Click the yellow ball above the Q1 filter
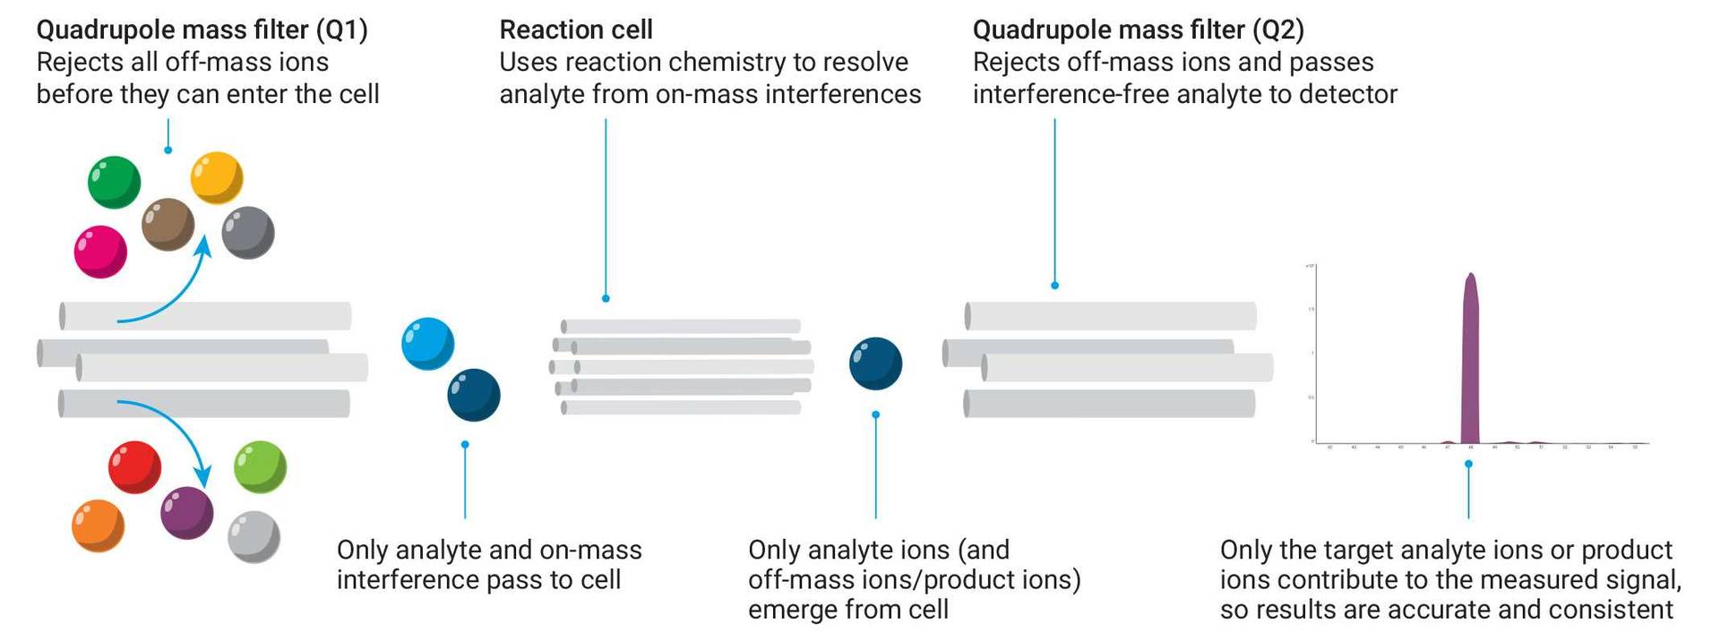217,177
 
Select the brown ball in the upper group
168,224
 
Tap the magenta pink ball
100,252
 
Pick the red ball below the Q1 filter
134,466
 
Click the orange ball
98,526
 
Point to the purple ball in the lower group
186,513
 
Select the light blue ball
427,344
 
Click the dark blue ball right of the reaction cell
875,363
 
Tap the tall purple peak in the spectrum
1470,358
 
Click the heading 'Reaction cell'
575,30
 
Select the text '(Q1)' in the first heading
341,30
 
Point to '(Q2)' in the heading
1278,30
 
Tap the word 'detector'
1348,94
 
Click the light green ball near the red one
260,466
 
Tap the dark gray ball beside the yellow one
247,233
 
